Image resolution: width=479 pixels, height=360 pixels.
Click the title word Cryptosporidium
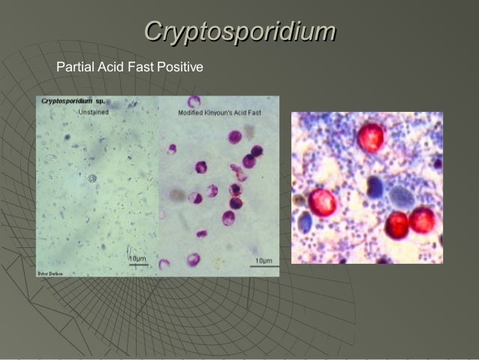pyautogui.click(x=239, y=31)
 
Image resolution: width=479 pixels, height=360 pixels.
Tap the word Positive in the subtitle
pyautogui.click(x=179, y=68)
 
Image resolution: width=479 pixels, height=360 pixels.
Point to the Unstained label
pyautogui.click(x=96, y=112)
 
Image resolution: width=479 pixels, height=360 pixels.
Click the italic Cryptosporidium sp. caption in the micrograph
pyautogui.click(x=73, y=100)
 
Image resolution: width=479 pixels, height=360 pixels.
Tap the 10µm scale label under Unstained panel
pyautogui.click(x=137, y=259)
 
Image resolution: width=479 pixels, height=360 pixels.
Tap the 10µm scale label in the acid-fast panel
pyautogui.click(x=263, y=260)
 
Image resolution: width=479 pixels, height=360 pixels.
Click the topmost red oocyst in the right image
pyautogui.click(x=370, y=137)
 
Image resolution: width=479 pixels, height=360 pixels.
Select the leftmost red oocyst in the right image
pyautogui.click(x=323, y=202)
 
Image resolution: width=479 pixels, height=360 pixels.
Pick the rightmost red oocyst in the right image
pyautogui.click(x=423, y=220)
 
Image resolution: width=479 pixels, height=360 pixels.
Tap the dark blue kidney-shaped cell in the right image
pyautogui.click(x=375, y=187)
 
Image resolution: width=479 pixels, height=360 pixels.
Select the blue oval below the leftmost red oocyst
pyautogui.click(x=306, y=221)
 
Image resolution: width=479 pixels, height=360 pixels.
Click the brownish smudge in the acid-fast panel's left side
pyautogui.click(x=178, y=195)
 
